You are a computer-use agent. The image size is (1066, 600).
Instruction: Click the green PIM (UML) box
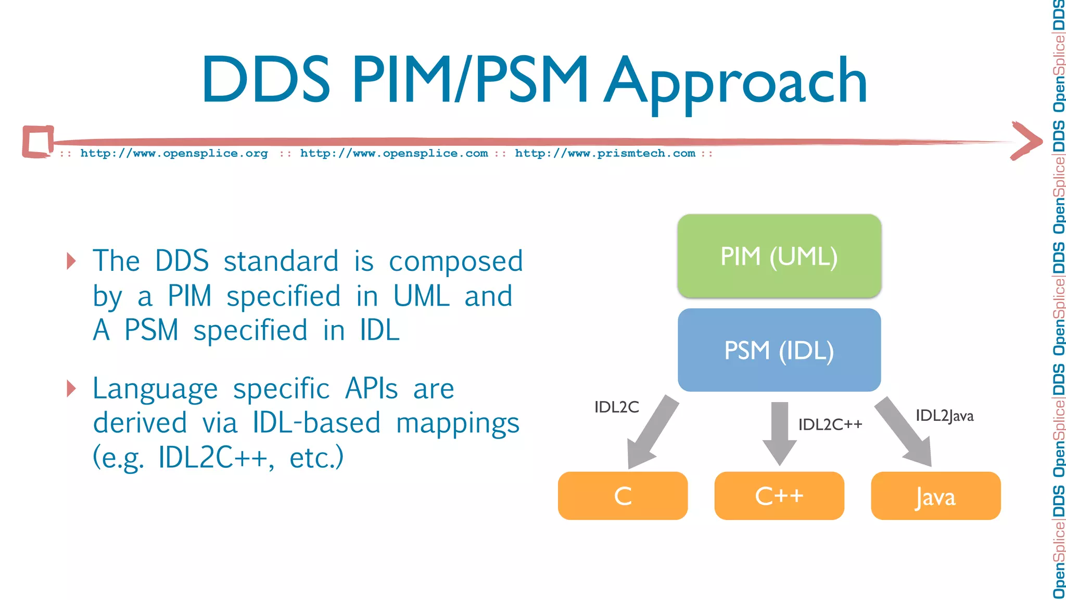(779, 256)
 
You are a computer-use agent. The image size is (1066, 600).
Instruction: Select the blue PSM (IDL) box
(779, 350)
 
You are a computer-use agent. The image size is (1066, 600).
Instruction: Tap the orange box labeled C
(623, 496)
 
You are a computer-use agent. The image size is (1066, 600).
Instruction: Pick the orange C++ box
(779, 496)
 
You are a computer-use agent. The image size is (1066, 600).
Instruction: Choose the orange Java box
(935, 496)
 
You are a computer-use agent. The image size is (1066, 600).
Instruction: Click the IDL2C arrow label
(616, 407)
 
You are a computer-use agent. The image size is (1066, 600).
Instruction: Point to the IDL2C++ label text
(830, 424)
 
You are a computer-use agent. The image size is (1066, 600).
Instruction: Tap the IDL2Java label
(944, 416)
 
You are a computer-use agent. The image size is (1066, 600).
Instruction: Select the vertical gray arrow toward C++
(779, 432)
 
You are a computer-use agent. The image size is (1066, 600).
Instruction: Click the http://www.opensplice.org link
(174, 154)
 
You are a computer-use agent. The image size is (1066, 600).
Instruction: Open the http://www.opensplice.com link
(394, 154)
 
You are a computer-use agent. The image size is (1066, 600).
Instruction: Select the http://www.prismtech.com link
(605, 154)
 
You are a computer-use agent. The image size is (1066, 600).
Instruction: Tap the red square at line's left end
(38, 141)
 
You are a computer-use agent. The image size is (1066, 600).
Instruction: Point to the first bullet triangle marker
(71, 260)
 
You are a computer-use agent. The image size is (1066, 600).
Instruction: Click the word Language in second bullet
(155, 389)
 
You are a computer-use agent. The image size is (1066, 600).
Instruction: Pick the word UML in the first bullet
(421, 296)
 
